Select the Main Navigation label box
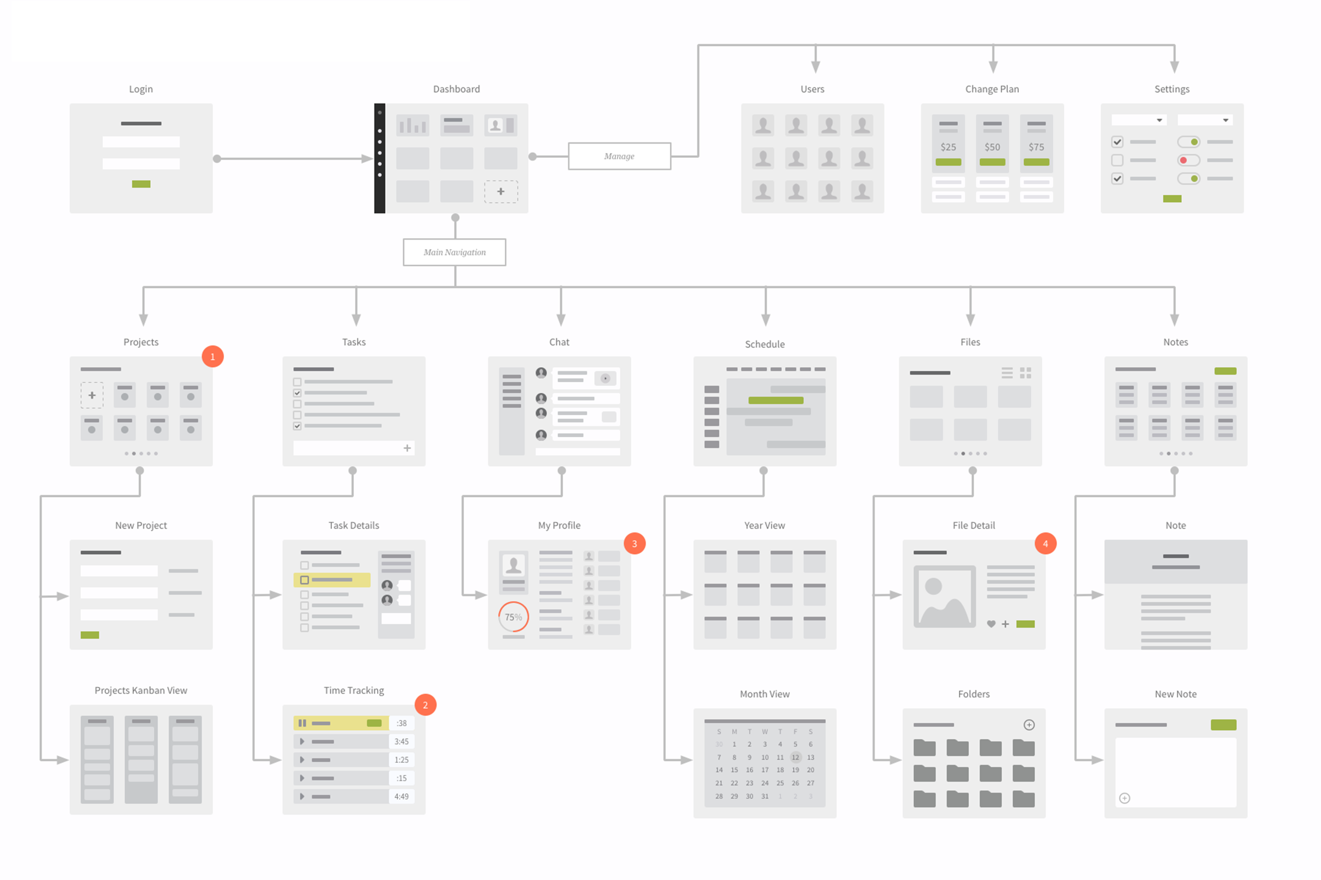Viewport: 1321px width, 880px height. pyautogui.click(x=455, y=252)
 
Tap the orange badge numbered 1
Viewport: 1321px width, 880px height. pyautogui.click(x=212, y=356)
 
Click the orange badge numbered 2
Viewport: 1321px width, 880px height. pyautogui.click(x=425, y=705)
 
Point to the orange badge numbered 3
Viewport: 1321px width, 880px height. pyautogui.click(x=634, y=543)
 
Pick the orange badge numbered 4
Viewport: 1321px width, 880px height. pyautogui.click(x=1045, y=543)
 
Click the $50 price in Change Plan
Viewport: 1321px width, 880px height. pyautogui.click(x=992, y=147)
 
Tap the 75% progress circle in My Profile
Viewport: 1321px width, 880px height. pyautogui.click(x=514, y=617)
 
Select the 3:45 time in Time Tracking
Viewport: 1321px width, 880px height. pyautogui.click(x=401, y=741)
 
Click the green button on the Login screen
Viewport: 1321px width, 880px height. pyautogui.click(x=141, y=184)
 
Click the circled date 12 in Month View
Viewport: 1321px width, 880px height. pyautogui.click(x=795, y=757)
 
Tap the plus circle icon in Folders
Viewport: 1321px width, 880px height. pyautogui.click(x=1029, y=724)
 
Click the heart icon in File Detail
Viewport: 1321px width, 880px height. pyautogui.click(x=991, y=624)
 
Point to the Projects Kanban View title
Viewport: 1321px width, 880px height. pyautogui.click(x=141, y=690)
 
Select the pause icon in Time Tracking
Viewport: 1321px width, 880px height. pyautogui.click(x=302, y=723)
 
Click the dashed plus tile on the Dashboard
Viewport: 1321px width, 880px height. pyautogui.click(x=500, y=191)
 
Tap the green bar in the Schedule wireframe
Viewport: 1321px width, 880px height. pyautogui.click(x=776, y=400)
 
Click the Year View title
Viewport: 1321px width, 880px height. pyautogui.click(x=765, y=525)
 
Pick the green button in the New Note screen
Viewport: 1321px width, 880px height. pyautogui.click(x=1223, y=724)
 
